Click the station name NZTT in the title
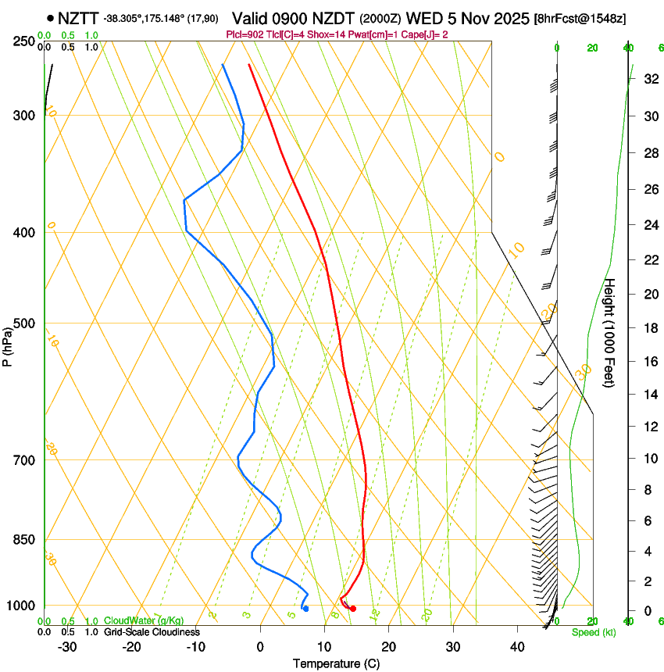coord(78,17)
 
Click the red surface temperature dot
coord(353,609)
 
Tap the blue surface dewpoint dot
coord(305,609)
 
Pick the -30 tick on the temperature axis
coord(67,647)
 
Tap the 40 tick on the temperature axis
coord(517,647)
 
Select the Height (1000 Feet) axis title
coord(610,332)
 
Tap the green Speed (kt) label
coord(593,632)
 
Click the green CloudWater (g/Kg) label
coord(144,621)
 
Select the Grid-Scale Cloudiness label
coord(152,632)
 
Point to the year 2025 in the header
coord(509,17)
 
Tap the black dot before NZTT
coord(51,17)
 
